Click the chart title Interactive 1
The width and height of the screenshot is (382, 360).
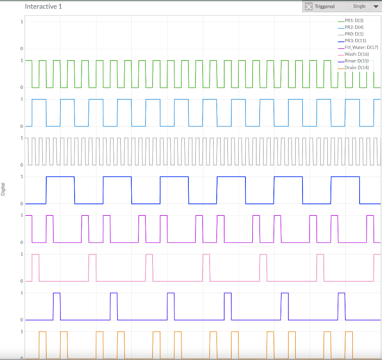[43, 7]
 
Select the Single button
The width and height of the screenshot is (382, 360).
[359, 6]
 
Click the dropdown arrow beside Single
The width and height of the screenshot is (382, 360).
[376, 7]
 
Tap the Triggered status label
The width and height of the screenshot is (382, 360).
[325, 7]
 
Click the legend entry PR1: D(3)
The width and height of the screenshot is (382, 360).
[354, 21]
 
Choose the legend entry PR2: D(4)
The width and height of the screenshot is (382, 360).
[354, 27]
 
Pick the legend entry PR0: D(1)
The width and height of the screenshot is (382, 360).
[354, 34]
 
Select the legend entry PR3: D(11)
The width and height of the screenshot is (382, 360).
[355, 41]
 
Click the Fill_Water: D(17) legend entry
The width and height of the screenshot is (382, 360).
[361, 47]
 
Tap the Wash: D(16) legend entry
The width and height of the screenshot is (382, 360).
[357, 54]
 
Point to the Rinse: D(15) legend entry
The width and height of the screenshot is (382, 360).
[357, 61]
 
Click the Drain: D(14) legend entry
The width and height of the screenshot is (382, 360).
[357, 68]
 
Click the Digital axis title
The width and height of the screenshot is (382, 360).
[3, 189]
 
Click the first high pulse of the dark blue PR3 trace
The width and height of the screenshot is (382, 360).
[60, 177]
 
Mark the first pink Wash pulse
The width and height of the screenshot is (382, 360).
[35, 254]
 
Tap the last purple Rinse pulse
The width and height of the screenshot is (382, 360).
[341, 293]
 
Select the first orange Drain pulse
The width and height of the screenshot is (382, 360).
[43, 332]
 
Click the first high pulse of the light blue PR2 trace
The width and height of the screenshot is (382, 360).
[39, 99]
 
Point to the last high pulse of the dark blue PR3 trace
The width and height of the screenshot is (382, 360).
[345, 177]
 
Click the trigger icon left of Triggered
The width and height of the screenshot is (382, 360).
[309, 7]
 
